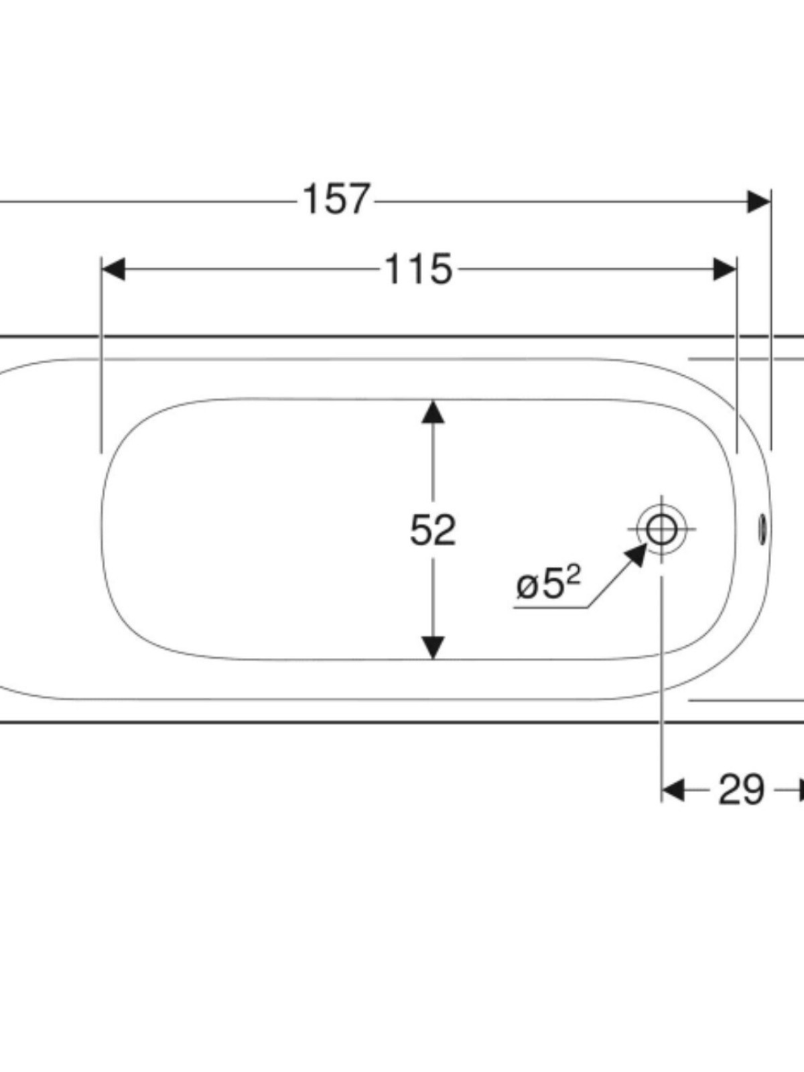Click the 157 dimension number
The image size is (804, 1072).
pos(336,200)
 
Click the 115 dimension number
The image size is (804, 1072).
pos(418,270)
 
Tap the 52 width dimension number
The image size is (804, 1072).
pos(433,530)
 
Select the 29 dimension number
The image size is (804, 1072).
pos(741,790)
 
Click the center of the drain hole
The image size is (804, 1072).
pos(662,529)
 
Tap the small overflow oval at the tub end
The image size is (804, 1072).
pos(762,529)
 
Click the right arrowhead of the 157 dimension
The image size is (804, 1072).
pos(759,201)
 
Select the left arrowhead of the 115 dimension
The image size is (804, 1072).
pos(113,270)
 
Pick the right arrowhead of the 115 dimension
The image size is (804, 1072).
pos(726,270)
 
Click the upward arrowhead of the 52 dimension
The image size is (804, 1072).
pos(433,411)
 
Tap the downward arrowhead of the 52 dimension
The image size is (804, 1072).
pos(433,648)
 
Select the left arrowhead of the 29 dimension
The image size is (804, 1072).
pos(673,790)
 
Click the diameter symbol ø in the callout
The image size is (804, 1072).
pos(527,587)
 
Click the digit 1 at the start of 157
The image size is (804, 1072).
pos(311,200)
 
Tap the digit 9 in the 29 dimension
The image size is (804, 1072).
pos(752,790)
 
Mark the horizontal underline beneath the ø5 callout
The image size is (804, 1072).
pos(549,608)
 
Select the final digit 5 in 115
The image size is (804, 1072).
pos(439,270)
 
